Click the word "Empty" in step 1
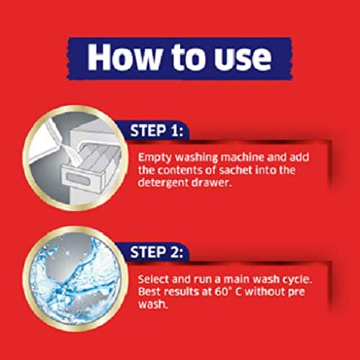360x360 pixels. pos(153,156)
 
